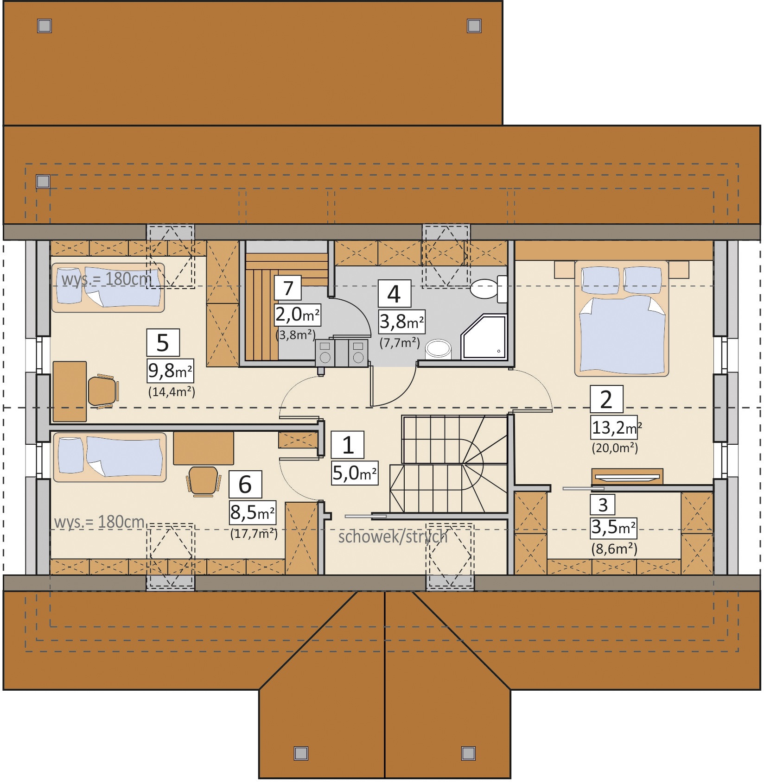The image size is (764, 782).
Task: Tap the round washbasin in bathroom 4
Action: click(438, 350)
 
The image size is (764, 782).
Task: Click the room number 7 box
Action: click(288, 288)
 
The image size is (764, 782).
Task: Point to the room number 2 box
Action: click(606, 399)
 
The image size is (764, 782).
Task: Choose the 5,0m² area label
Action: click(355, 473)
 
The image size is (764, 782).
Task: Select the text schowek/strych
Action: click(393, 537)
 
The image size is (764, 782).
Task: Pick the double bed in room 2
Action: click(621, 318)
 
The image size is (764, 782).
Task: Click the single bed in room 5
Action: click(108, 288)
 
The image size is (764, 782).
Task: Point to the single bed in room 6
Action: click(110, 457)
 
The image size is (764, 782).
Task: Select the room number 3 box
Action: click(602, 505)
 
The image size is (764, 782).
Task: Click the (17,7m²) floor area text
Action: click(254, 534)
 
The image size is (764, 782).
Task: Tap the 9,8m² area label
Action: click(170, 371)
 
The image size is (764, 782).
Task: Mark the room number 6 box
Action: click(245, 485)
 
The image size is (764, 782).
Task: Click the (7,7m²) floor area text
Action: click(400, 343)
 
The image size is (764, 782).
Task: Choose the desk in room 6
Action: click(204, 448)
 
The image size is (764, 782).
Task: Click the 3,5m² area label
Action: click(613, 528)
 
